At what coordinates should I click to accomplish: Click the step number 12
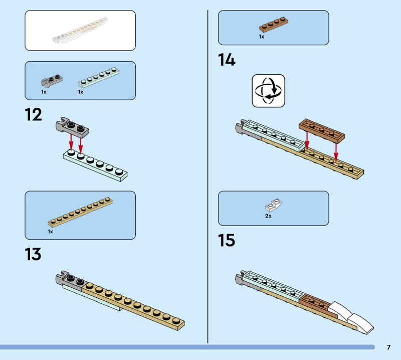click(33, 115)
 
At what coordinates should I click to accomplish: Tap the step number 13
click(33, 254)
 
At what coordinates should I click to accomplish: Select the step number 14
click(227, 60)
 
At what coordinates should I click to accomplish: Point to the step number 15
click(227, 240)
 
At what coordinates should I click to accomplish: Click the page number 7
click(388, 347)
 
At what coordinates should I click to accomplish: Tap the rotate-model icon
click(268, 91)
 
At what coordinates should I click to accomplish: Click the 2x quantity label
click(268, 216)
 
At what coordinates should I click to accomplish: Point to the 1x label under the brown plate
click(262, 37)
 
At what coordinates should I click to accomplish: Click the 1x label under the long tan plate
click(50, 232)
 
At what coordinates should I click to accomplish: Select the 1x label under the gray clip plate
click(44, 92)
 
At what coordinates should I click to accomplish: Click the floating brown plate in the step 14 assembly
click(322, 130)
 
